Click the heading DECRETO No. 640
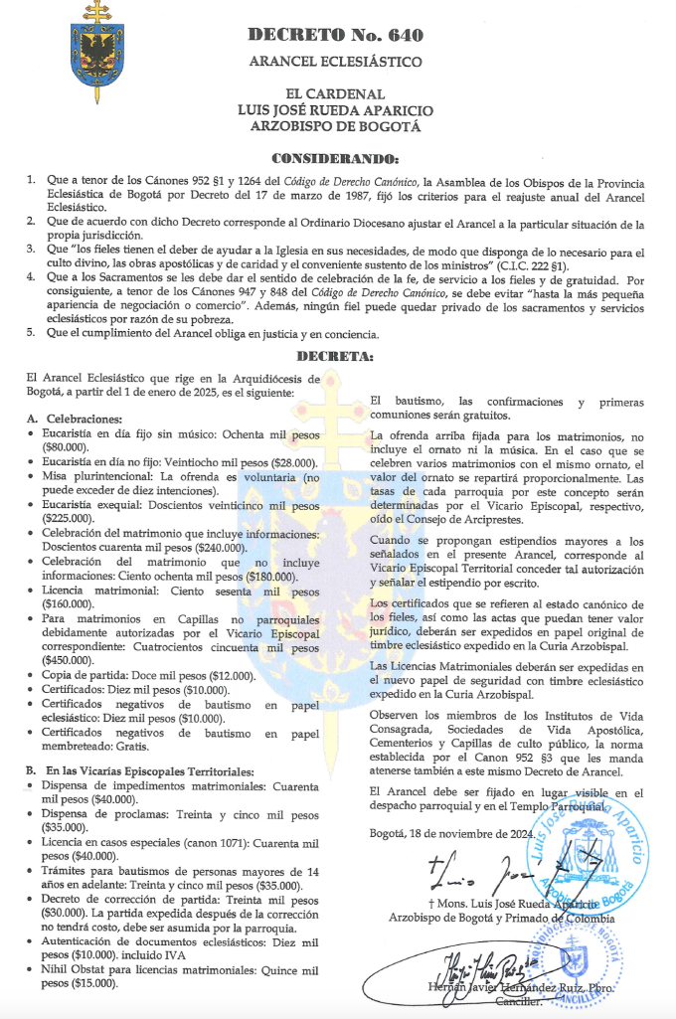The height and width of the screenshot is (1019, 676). point(336,36)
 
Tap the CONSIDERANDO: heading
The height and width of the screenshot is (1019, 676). point(336,158)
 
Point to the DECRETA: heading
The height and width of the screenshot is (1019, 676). point(336,356)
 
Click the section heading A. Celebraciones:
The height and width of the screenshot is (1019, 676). point(76,419)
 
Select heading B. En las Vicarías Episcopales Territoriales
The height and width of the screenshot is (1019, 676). point(134,771)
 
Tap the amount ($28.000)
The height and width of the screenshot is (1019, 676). point(283,462)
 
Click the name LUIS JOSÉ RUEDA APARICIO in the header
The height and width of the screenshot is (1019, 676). point(336,110)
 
